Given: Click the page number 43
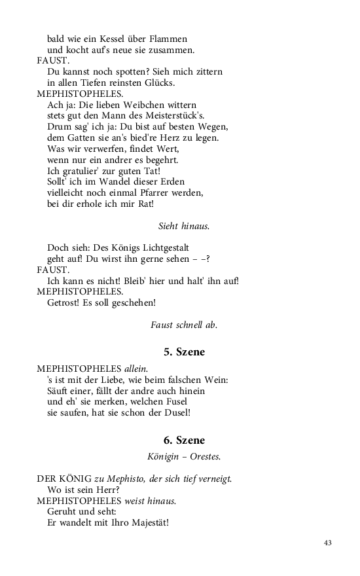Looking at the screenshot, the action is [x=328, y=542].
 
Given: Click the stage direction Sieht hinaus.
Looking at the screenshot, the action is [x=184, y=226].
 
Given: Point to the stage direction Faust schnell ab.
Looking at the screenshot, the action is [x=184, y=324].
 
